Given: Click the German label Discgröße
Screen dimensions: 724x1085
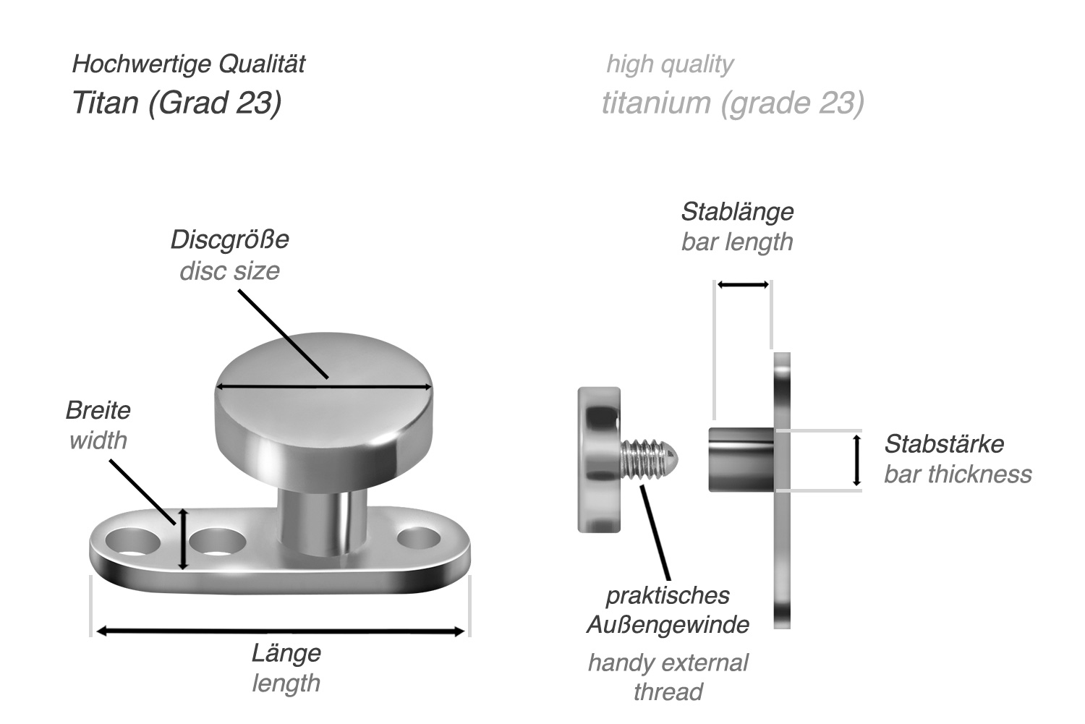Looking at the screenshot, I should click(229, 239).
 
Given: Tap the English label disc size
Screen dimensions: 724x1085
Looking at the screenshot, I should click(229, 271).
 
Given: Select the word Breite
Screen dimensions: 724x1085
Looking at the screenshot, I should click(98, 410).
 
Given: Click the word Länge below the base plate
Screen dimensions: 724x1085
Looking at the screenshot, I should click(286, 652).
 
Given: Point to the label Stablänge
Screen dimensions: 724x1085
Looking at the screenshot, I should click(737, 212).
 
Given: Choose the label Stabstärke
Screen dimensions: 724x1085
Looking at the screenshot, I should click(944, 443).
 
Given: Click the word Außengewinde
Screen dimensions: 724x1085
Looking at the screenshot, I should click(668, 624).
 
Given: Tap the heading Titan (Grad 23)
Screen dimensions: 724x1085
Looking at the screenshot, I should click(176, 103).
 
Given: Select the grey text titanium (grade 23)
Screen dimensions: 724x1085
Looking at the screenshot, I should click(733, 103).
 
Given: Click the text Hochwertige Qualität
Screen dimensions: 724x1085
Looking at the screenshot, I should click(188, 64).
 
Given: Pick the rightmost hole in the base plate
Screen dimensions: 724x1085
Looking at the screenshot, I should click(418, 538).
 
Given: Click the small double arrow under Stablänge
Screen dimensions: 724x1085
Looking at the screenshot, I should click(743, 285).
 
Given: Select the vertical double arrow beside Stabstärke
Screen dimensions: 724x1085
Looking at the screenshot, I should click(857, 460).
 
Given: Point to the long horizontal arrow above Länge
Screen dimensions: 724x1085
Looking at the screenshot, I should click(280, 631).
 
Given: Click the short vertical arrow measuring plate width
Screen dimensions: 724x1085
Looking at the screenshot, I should click(183, 539).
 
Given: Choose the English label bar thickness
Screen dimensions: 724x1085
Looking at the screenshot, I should click(958, 474).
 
